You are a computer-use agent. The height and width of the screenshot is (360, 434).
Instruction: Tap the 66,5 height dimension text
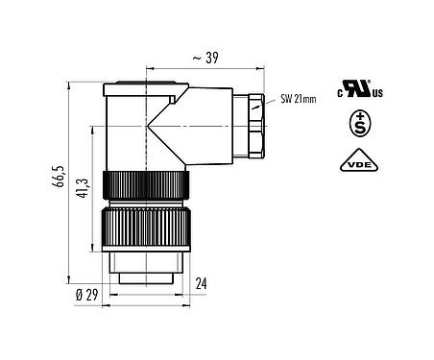pyautogui.click(x=60, y=179)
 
